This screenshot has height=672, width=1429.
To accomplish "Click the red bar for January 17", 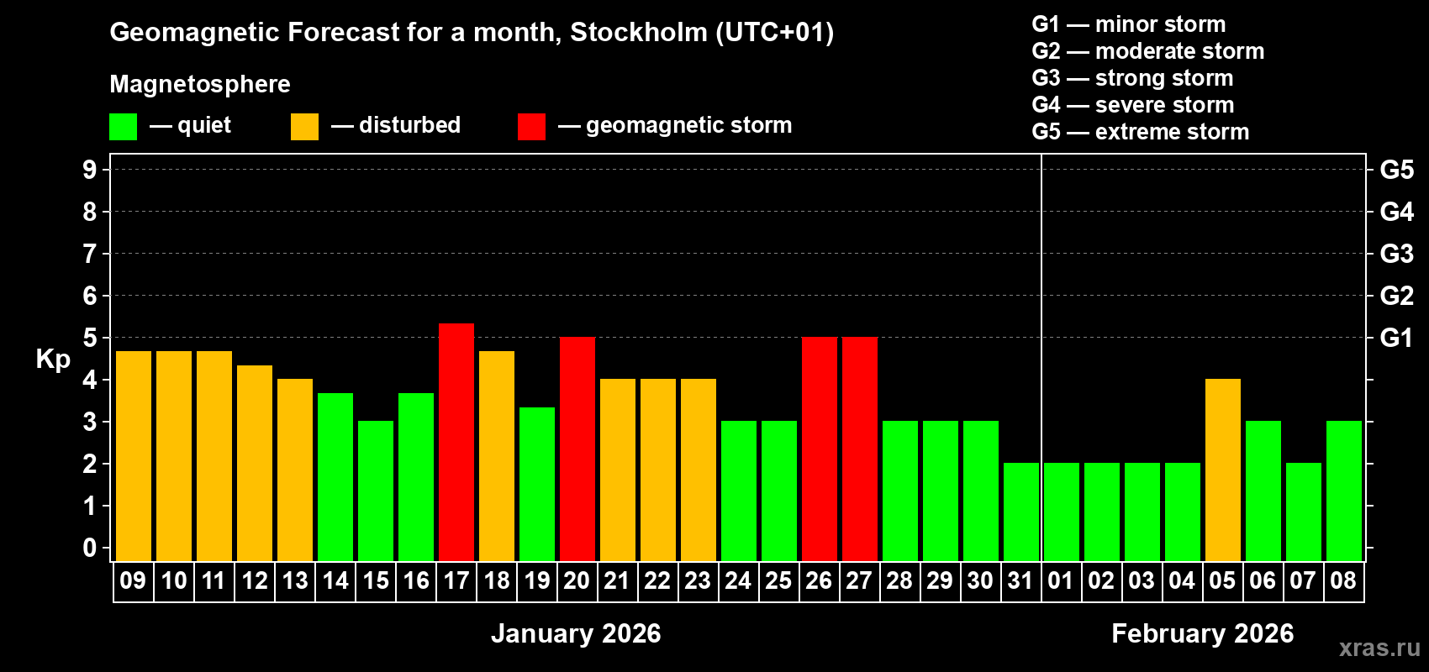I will tap(456, 442).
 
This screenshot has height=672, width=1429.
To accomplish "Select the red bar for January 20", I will tap(577, 449).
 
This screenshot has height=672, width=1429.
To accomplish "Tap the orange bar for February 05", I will tap(1223, 470).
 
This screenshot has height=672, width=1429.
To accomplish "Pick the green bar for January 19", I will tap(537, 484).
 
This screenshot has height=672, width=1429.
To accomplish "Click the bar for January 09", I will tap(134, 456).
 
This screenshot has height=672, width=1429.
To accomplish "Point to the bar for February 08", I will tap(1344, 491).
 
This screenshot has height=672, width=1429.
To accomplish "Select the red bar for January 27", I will tap(860, 449).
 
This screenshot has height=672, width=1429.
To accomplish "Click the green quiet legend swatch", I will tap(124, 127).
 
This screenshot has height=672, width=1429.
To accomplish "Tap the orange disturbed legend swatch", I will tap(304, 127).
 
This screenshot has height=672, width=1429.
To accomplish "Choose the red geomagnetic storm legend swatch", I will tap(531, 127).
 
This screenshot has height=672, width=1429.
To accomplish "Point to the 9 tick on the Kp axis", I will tap(90, 170).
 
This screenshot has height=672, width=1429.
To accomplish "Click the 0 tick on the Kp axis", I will tap(90, 549).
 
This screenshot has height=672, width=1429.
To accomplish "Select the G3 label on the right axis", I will tap(1396, 254).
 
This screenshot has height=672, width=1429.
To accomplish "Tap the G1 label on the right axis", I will tap(1396, 338).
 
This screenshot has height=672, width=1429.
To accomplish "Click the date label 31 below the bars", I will tap(1020, 581).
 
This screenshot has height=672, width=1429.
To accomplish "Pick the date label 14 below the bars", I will tap(335, 581).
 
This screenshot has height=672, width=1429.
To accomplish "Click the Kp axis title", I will tap(53, 360).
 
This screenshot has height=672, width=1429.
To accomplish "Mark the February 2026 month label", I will tap(1202, 633).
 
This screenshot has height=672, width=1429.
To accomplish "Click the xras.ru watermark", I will tap(1379, 648).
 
